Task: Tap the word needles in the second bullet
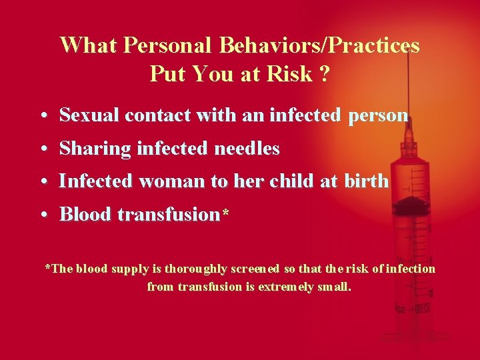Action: click(x=247, y=149)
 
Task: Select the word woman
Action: click(x=171, y=181)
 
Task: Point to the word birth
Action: click(x=366, y=181)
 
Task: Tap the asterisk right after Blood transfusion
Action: click(x=226, y=214)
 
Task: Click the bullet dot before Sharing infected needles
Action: click(x=43, y=149)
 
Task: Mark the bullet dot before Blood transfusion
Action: click(x=43, y=215)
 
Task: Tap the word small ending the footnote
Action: click(x=333, y=287)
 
